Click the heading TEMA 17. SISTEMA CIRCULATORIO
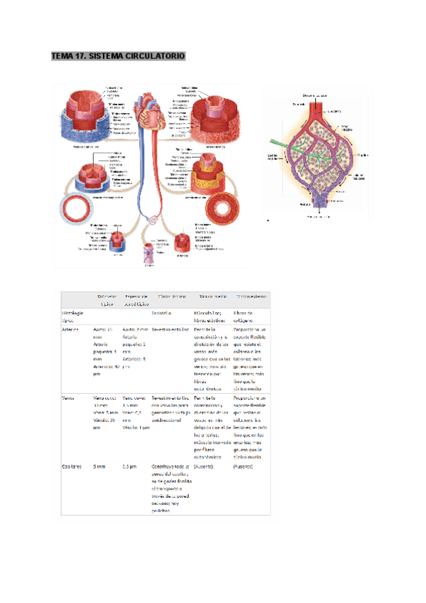(x=118, y=56)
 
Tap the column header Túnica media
(x=212, y=296)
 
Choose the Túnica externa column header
(x=251, y=296)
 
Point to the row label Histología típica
(x=74, y=316)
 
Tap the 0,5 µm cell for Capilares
(x=129, y=467)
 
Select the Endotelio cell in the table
(x=164, y=312)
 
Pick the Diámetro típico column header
(x=107, y=299)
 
